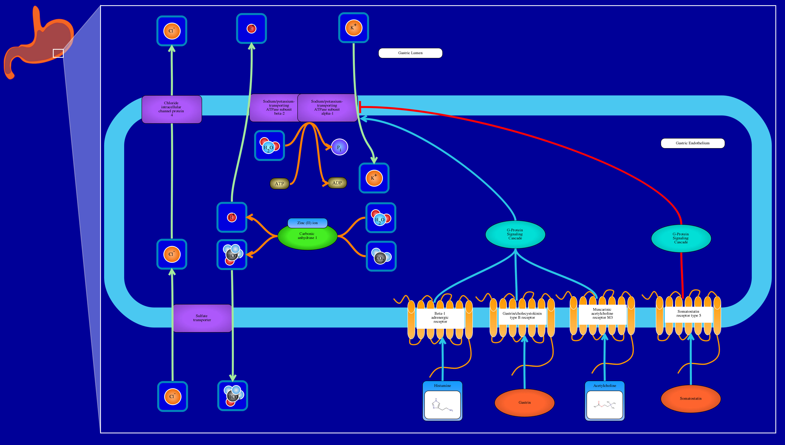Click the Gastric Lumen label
pyautogui.click(x=410, y=53)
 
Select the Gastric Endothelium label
pyautogui.click(x=692, y=143)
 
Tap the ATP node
pyautogui.click(x=279, y=184)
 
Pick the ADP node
pyautogui.click(x=337, y=183)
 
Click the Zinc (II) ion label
pyautogui.click(x=307, y=223)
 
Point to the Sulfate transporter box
pyautogui.click(x=202, y=318)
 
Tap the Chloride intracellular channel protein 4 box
pyautogui.click(x=172, y=109)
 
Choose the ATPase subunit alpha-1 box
pyautogui.click(x=327, y=108)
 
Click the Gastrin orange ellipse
pyautogui.click(x=524, y=403)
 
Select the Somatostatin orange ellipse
pyautogui.click(x=690, y=398)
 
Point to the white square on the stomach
pyautogui.click(x=58, y=53)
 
